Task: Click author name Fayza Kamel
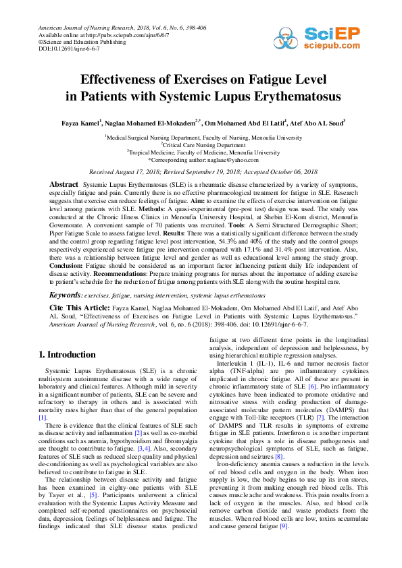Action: click(79, 123)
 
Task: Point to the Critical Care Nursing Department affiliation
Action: click(203, 145)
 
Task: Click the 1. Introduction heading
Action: click(67, 355)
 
